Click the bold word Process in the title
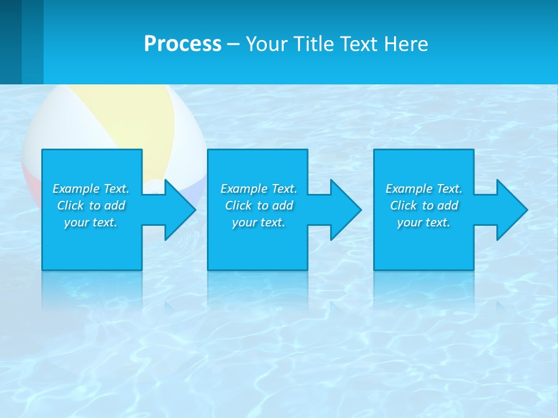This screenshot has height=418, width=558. [x=183, y=44]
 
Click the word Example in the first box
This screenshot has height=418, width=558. [x=76, y=189]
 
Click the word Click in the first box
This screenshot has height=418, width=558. [x=70, y=206]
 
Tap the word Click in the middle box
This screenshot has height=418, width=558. [x=238, y=206]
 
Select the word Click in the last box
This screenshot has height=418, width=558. [x=403, y=206]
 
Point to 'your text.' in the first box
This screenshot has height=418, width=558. [x=91, y=222]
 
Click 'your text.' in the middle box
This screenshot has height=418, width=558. [x=259, y=222]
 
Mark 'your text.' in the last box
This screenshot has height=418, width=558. [x=424, y=222]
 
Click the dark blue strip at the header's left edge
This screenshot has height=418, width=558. [x=10, y=42]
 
